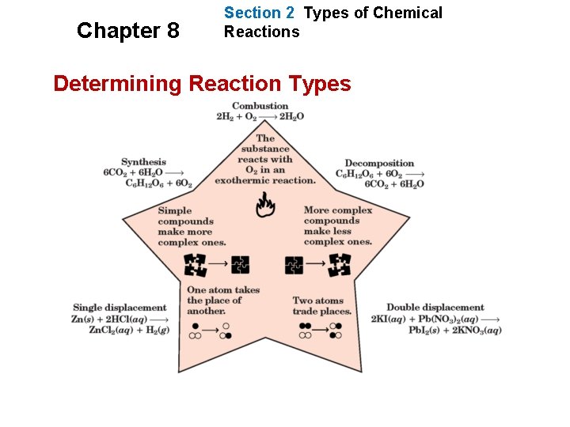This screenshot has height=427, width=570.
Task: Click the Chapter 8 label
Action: [127, 31]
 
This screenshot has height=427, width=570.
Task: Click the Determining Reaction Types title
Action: [202, 83]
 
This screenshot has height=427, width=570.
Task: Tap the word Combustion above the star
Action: [260, 106]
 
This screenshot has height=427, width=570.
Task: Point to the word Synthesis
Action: [143, 162]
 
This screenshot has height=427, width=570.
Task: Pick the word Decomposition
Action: [379, 164]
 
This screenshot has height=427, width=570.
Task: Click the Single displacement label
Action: [120, 308]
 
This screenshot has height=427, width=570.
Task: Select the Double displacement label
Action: [435, 308]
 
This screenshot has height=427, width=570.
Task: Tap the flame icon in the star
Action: [265, 206]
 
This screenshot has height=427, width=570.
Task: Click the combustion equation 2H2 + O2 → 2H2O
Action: [260, 116]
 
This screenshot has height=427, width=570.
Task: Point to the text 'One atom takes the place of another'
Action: [222, 300]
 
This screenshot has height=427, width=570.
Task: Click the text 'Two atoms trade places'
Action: [321, 306]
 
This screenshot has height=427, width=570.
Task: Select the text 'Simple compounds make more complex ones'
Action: [192, 227]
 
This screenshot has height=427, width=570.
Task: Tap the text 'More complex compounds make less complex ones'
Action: [338, 226]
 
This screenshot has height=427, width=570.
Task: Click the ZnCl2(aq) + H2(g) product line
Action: [129, 330]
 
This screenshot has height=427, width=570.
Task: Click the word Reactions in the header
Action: [261, 32]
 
